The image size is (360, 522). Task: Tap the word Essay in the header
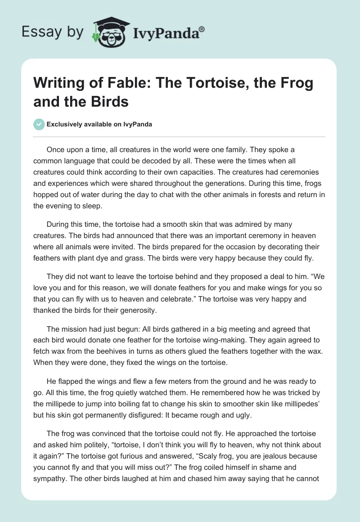pos(37,32)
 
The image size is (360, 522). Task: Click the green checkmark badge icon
pos(39,124)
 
